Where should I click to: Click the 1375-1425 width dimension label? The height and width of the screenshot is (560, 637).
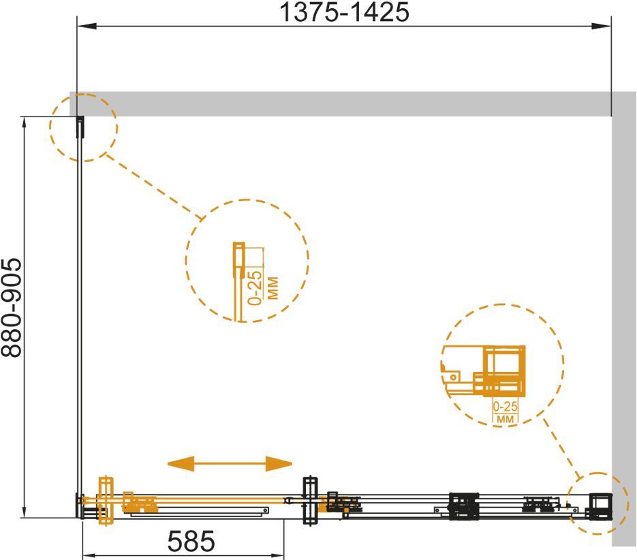tap(345, 12)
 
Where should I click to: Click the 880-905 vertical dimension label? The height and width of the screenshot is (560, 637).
tap(12, 308)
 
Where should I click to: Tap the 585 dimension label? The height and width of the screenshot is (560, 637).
tap(191, 542)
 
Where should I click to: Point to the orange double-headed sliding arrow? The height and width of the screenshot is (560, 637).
tap(230, 463)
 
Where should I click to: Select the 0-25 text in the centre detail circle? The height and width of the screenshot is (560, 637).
tap(255, 287)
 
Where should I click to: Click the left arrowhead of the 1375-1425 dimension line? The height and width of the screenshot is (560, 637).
tap(87, 26)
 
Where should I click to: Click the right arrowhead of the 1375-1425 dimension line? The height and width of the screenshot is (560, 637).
tap(602, 26)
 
